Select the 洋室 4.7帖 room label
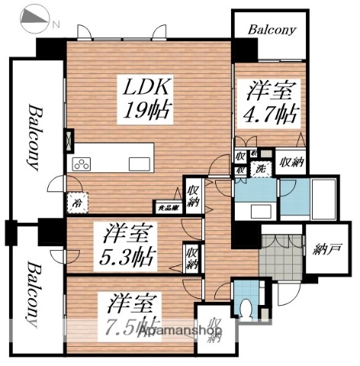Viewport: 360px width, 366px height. [x=272, y=104]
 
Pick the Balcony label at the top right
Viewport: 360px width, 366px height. [x=270, y=30]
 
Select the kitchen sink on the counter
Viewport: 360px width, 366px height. [x=139, y=163]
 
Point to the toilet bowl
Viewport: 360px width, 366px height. [x=244, y=309]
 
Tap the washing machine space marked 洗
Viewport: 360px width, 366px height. [x=260, y=169]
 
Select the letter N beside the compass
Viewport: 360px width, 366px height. [x=55, y=23]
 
